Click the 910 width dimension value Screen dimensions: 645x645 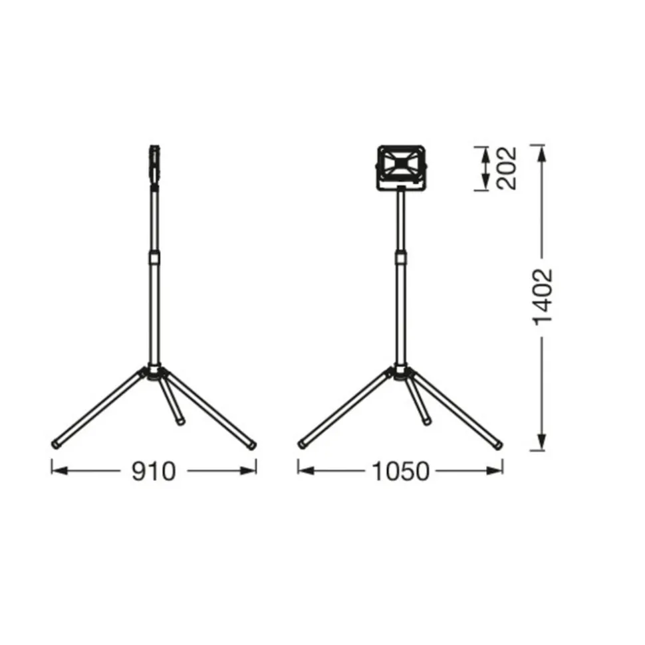(x=153, y=471)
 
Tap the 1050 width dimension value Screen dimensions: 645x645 (x=400, y=471)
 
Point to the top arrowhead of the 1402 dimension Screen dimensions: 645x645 (x=542, y=150)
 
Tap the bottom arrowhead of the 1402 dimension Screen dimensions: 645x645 (x=542, y=444)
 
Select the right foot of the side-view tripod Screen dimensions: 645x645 (x=252, y=444)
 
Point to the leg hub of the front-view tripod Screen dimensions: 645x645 (x=401, y=373)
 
